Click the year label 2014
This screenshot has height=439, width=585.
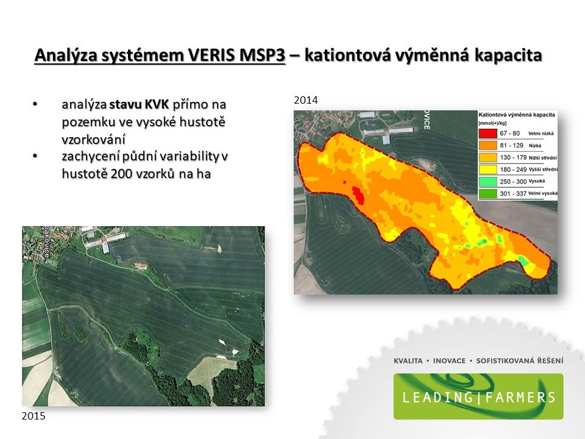(306, 100)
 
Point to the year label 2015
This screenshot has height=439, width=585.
(34, 416)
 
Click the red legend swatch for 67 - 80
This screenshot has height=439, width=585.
(488, 134)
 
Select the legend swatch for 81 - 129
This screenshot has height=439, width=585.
(488, 145)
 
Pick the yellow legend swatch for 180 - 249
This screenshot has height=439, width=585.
(488, 170)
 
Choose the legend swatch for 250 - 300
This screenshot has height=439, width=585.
(488, 182)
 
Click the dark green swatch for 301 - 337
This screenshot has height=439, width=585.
(488, 193)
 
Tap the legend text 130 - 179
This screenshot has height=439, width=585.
(513, 157)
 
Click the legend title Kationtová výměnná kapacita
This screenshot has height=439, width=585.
(517, 115)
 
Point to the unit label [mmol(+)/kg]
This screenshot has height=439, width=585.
(492, 123)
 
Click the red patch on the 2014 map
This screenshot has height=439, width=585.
(358, 195)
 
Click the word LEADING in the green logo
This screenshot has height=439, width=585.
(438, 397)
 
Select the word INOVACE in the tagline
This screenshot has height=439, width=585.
(449, 361)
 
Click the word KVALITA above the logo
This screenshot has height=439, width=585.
(408, 361)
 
